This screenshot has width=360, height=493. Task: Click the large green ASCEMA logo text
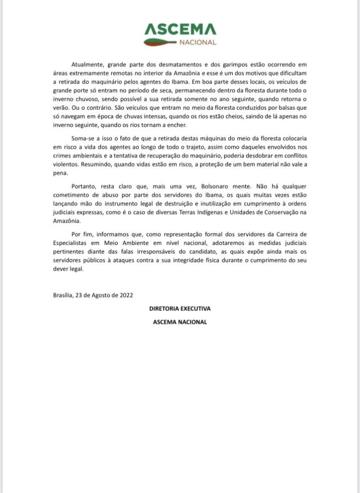pyautogui.click(x=180, y=30)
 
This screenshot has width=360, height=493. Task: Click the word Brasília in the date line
pyautogui.click(x=63, y=295)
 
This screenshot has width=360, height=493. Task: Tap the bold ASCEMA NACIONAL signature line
pyautogui.click(x=180, y=322)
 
